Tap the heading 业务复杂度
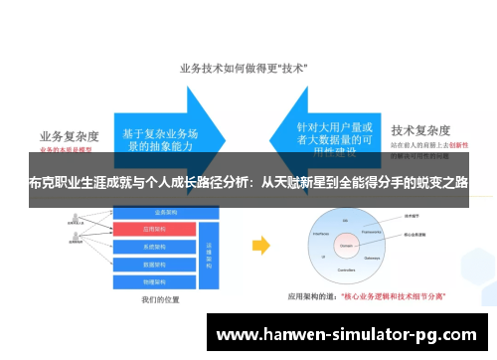coord(72,135)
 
